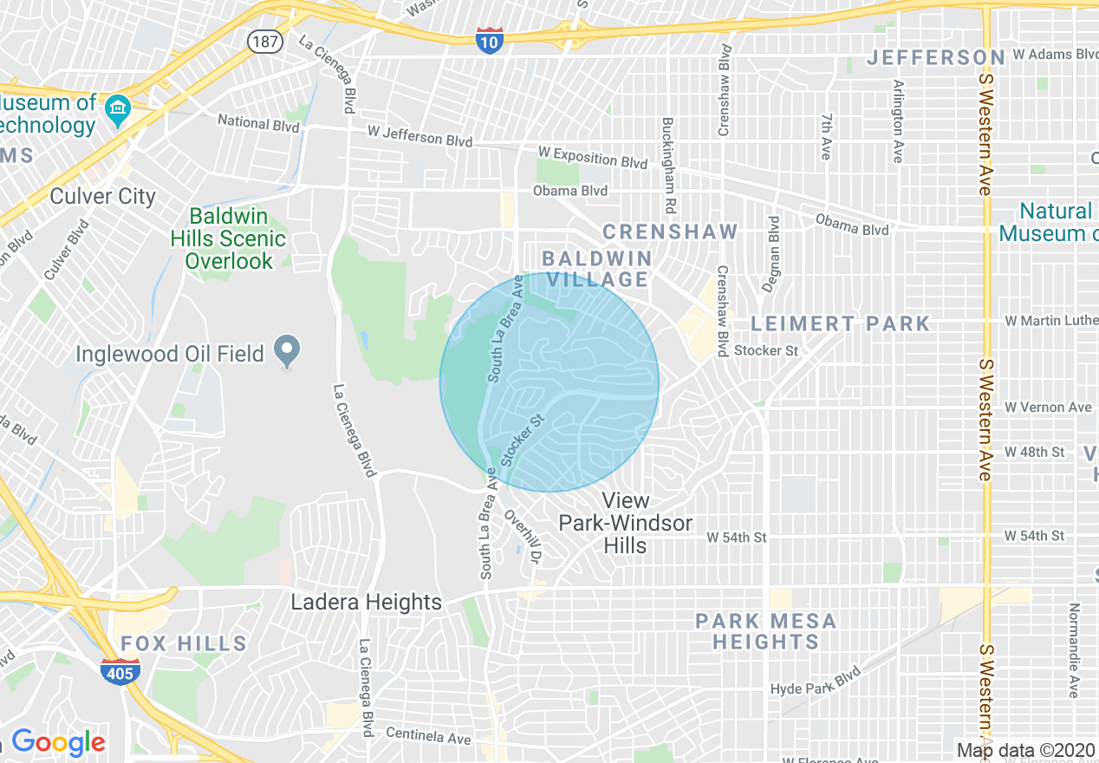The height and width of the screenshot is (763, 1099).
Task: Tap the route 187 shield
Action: (x=263, y=40)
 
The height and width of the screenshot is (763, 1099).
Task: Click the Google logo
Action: (x=58, y=742)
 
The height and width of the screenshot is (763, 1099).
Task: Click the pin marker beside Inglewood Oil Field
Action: (x=287, y=351)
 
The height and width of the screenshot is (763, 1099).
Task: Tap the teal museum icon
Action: (x=116, y=108)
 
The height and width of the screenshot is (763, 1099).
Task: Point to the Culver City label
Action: (x=102, y=196)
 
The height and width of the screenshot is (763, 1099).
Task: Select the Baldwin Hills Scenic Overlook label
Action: (x=229, y=238)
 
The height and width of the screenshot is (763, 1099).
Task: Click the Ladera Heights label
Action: (x=366, y=602)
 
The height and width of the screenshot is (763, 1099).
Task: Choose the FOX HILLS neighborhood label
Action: (x=184, y=643)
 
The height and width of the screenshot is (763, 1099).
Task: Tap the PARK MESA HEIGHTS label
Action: (x=766, y=631)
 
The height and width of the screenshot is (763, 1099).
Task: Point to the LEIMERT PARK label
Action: (x=840, y=323)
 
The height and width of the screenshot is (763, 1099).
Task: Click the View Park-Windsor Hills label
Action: (x=626, y=523)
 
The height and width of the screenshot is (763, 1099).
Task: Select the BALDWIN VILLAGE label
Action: (x=596, y=269)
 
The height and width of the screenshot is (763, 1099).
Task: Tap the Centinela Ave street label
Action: (x=428, y=737)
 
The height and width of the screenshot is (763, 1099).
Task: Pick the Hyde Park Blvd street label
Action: (x=816, y=681)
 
